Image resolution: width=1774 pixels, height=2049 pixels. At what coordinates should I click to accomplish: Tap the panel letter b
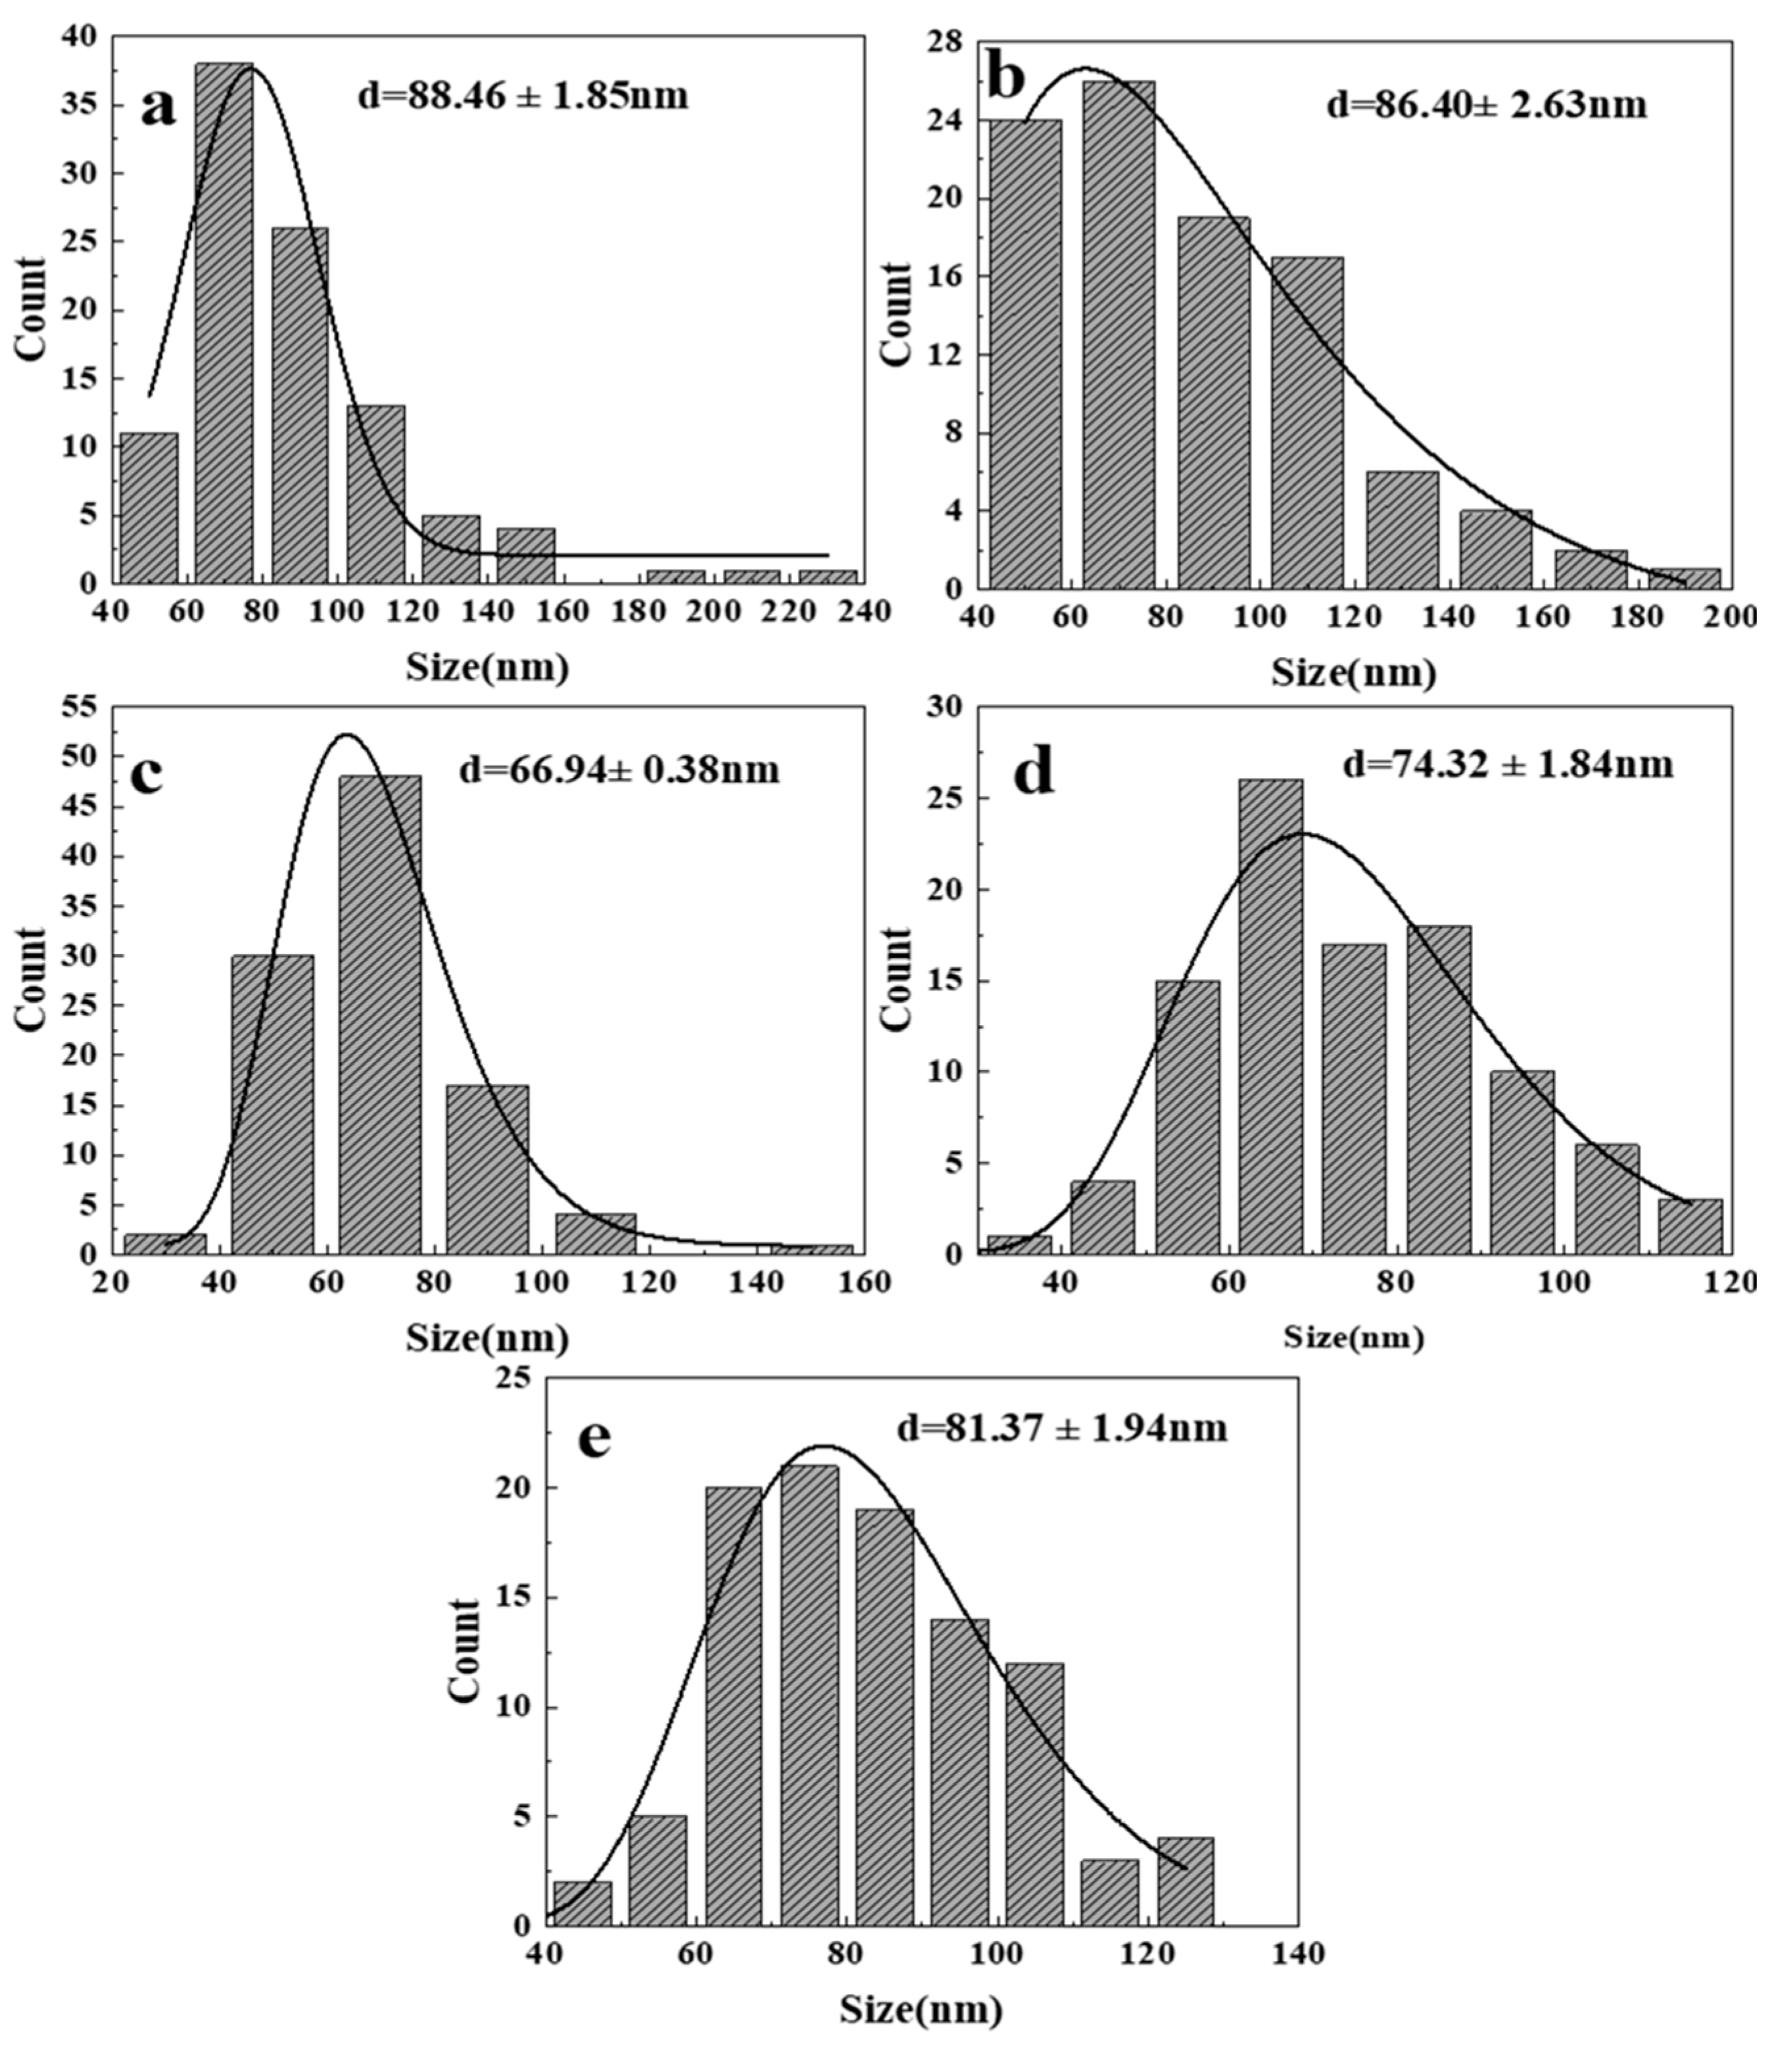pyautogui.click(x=1007, y=79)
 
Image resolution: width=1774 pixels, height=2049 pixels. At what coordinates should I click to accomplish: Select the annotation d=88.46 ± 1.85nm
pyautogui.click(x=523, y=97)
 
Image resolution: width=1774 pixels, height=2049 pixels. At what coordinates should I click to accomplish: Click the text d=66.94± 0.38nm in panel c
pyautogui.click(x=619, y=769)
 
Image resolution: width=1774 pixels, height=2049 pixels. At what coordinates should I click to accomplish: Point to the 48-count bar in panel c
pyautogui.click(x=380, y=1015)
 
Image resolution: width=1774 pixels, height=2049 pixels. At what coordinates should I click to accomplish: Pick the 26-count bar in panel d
pyautogui.click(x=1271, y=1017)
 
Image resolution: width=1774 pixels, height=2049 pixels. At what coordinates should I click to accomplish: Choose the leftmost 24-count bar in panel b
pyautogui.click(x=1025, y=354)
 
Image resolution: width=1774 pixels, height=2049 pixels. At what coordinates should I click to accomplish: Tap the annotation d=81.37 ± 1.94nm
pyautogui.click(x=1062, y=1429)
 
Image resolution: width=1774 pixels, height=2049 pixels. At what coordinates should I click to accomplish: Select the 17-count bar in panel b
pyautogui.click(x=1308, y=422)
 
